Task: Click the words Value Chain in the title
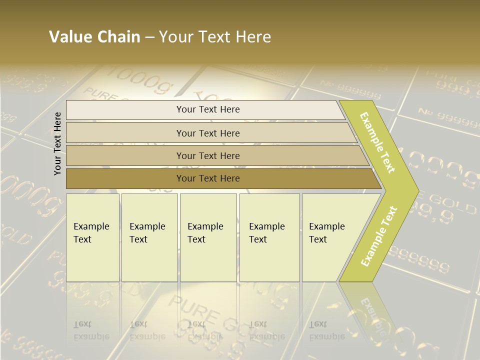click(94, 37)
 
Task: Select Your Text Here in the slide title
click(215, 37)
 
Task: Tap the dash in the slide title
click(149, 37)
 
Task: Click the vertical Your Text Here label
click(57, 143)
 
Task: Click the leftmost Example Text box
click(92, 237)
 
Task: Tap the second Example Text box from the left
click(149, 237)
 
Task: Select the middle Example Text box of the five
click(208, 237)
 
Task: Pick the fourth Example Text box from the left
click(269, 237)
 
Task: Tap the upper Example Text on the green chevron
click(378, 142)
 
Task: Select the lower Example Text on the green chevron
click(379, 236)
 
